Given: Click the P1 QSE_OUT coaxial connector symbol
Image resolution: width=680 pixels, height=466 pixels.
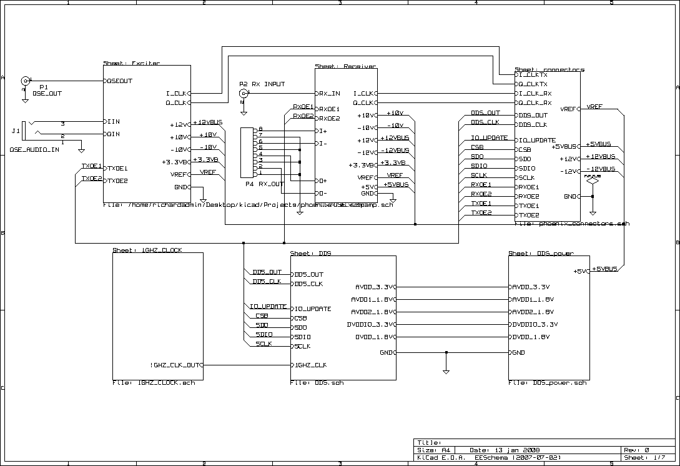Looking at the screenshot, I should pos(26,81).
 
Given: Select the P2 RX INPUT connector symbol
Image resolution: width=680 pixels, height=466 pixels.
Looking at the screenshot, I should pos(244,94).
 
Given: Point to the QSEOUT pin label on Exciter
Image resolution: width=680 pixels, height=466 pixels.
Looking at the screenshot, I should pos(120,81).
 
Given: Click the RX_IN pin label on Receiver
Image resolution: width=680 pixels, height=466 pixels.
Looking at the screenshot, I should pos(330,93).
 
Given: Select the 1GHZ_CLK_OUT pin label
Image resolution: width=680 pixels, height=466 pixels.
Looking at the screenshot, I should pos(175,365).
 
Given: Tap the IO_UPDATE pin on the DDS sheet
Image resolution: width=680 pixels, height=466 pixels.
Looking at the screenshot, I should pos(312,309).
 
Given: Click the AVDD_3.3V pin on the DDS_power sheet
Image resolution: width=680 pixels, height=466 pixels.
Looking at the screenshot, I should pos(531,287).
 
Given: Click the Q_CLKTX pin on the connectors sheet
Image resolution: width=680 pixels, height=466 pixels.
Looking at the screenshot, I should pos(532,84).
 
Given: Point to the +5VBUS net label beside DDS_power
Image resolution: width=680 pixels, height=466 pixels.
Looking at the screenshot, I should pos(604,269).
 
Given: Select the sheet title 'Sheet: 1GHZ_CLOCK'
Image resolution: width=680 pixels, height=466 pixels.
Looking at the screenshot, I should pos(147,250).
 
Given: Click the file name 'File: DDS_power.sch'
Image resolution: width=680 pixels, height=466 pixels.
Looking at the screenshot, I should pos(548,382).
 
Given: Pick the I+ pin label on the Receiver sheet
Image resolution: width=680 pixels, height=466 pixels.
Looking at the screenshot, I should pos(323,131).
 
